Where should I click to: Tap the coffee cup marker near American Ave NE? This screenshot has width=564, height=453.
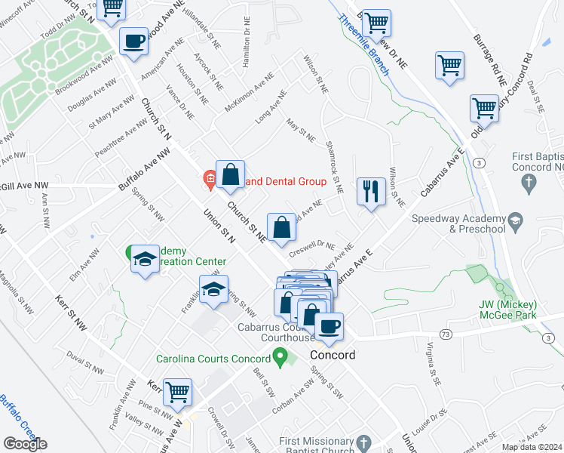134,41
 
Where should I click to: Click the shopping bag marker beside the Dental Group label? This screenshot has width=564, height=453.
231,174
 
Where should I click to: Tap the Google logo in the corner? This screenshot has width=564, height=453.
25,444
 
